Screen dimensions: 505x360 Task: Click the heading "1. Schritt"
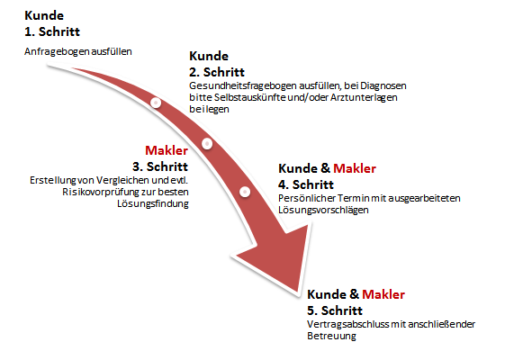[52, 31]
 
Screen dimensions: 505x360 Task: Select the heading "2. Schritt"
[217, 72]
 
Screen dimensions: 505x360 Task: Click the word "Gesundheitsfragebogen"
[242, 86]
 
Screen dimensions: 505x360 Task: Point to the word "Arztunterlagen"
[364, 97]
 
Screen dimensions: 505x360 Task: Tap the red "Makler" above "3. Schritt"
[167, 150]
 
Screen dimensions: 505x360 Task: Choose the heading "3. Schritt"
[160, 166]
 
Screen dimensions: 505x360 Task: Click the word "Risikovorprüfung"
[102, 192]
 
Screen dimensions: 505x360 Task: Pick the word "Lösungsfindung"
[153, 203]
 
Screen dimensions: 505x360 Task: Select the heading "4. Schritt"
[306, 184]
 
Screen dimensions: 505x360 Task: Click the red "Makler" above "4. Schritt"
[355, 168]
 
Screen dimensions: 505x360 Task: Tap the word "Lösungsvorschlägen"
[323, 210]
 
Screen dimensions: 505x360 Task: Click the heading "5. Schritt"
[335, 310]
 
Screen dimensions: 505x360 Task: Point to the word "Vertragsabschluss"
[348, 324]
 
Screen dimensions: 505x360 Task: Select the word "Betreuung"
[332, 336]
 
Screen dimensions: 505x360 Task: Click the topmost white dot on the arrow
[156, 103]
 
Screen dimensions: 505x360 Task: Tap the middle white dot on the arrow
[207, 143]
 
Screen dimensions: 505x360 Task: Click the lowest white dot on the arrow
[245, 192]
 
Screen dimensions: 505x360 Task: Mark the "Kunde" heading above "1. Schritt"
[44, 15]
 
